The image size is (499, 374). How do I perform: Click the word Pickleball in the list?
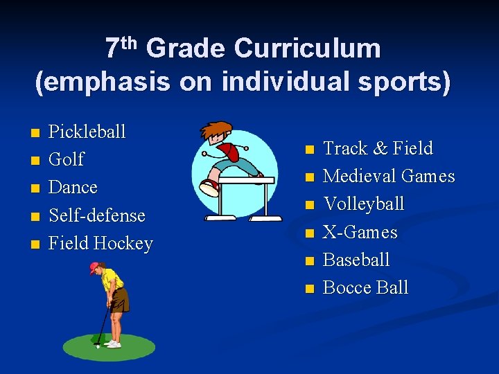click(x=87, y=132)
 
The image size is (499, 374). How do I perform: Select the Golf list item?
click(x=66, y=159)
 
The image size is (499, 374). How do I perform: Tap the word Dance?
click(x=73, y=188)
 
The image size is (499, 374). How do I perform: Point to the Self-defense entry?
click(x=96, y=215)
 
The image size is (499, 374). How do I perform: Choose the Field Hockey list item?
click(x=100, y=244)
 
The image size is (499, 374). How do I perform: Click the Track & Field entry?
click(x=378, y=148)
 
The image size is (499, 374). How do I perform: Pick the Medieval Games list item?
click(x=389, y=177)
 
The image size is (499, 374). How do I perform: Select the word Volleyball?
click(x=363, y=204)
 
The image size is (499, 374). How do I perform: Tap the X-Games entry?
click(x=360, y=232)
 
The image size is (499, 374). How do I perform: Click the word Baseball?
click(x=356, y=260)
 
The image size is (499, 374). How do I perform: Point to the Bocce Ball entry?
click(x=365, y=288)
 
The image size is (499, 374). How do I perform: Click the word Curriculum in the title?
click(x=307, y=49)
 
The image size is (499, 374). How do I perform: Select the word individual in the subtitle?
click(x=277, y=82)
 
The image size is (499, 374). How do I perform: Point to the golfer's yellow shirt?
click(x=112, y=280)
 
